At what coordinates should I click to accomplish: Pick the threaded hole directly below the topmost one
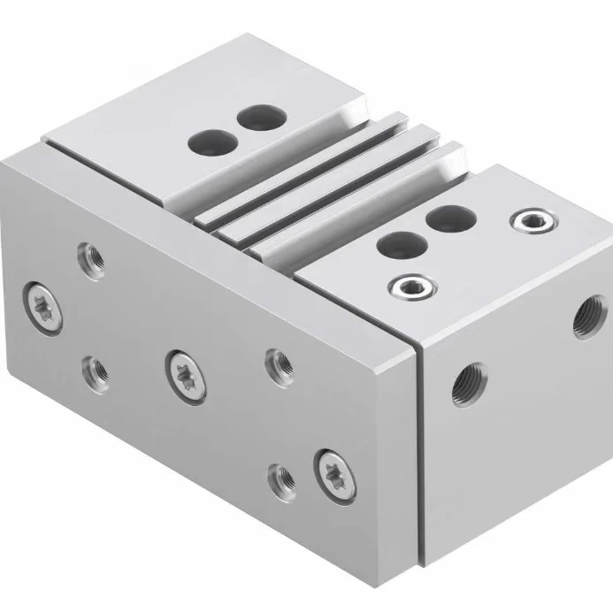92,365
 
